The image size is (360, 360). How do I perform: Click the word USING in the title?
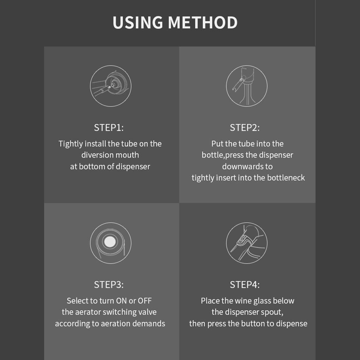(138, 23)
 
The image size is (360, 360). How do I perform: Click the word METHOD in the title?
(203, 23)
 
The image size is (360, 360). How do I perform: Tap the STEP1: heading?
(109, 128)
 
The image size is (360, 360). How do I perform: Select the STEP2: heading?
(245, 128)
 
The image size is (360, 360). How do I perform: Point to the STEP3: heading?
(109, 285)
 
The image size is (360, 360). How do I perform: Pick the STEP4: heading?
(245, 285)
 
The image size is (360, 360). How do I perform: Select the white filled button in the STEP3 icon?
(110, 241)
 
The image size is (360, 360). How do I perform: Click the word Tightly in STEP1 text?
(71, 144)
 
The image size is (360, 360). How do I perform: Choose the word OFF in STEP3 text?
(145, 301)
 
